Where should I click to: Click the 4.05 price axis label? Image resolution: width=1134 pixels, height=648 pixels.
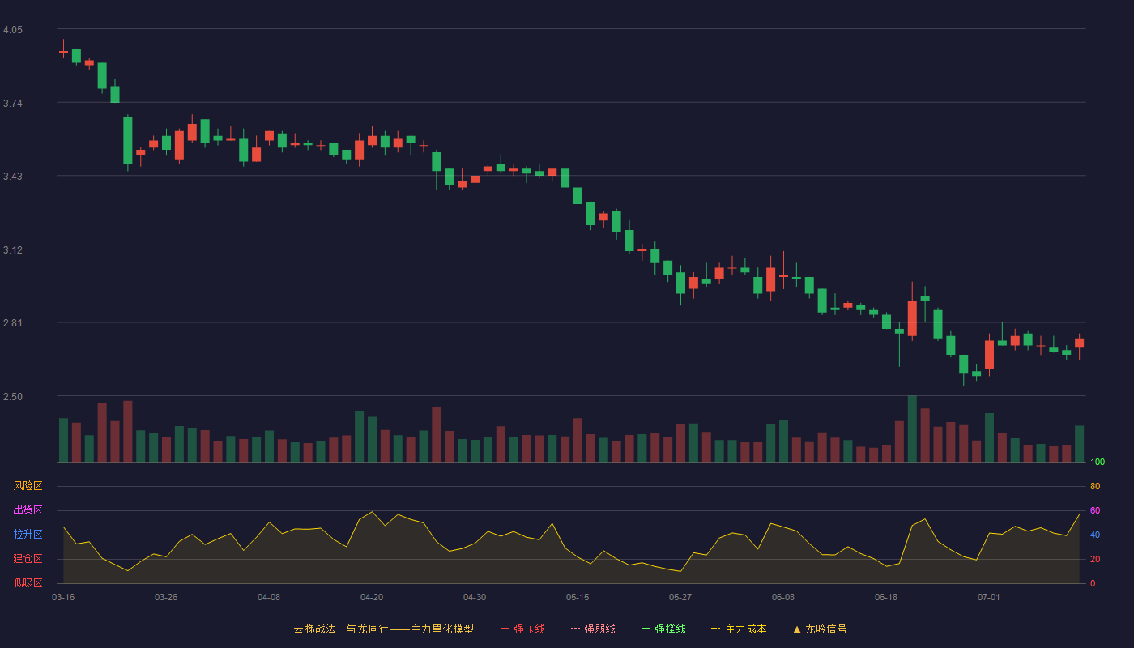tap(13, 30)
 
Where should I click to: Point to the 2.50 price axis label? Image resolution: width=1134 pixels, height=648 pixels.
tap(13, 397)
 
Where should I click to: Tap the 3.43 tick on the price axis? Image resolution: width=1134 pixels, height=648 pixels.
tap(13, 177)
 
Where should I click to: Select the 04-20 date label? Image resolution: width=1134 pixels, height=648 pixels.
tap(372, 598)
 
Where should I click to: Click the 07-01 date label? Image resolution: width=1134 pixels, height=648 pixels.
tap(989, 598)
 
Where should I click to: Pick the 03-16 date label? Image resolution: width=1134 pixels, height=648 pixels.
tap(63, 598)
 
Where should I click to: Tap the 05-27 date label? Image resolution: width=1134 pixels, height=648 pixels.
tap(680, 598)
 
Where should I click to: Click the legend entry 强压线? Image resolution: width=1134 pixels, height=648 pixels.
tap(522, 629)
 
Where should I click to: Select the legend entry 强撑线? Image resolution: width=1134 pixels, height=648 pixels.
tap(663, 629)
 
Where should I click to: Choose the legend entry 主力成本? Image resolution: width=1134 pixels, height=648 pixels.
tap(739, 629)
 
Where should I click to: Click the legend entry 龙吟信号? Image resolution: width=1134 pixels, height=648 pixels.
tap(820, 629)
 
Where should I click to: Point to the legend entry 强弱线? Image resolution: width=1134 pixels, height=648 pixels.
tap(593, 629)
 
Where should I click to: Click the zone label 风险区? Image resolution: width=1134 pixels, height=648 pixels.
tap(28, 486)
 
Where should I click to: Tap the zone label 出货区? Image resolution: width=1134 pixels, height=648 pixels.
tap(28, 509)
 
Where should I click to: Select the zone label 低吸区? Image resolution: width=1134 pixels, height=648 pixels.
tap(28, 582)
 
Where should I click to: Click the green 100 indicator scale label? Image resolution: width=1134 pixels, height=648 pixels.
tap(1098, 462)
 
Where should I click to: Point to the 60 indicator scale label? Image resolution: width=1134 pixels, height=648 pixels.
tap(1095, 510)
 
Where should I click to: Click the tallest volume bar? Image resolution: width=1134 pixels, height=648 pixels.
tap(912, 428)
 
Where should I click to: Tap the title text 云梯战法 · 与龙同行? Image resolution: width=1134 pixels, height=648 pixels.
tap(341, 629)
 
